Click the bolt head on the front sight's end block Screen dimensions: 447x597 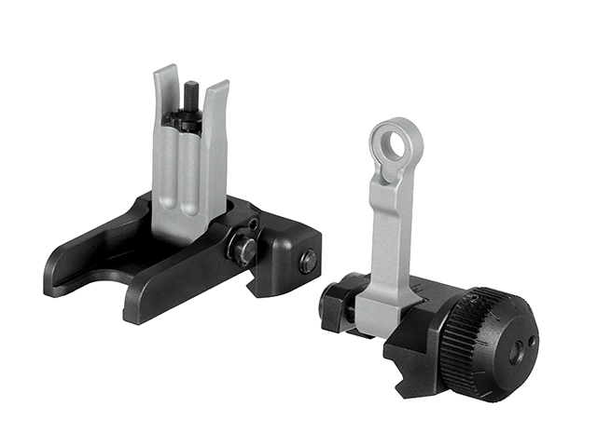pos(307,262)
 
